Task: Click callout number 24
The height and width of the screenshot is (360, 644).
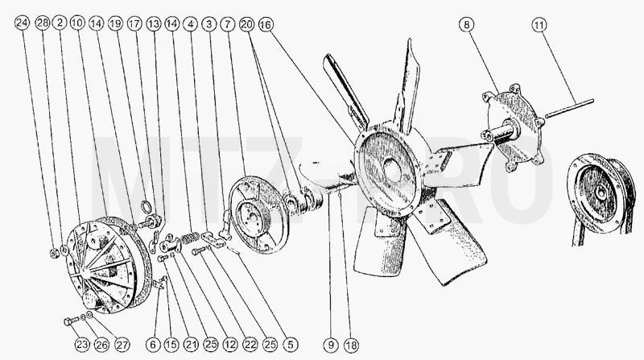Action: tap(23, 23)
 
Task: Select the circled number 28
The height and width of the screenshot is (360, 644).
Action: tap(43, 23)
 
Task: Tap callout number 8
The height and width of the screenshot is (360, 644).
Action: tap(466, 25)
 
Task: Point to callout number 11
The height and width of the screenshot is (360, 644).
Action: tap(539, 25)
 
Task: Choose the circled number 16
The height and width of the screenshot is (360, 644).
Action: tap(266, 25)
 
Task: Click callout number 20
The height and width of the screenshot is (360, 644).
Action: tap(247, 24)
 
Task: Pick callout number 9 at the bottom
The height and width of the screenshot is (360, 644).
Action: tap(331, 346)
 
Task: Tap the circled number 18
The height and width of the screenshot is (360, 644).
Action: tap(351, 346)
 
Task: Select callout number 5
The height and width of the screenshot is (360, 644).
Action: tap(291, 346)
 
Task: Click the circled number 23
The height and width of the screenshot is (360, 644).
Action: tap(82, 345)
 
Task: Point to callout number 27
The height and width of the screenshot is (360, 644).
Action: tap(122, 345)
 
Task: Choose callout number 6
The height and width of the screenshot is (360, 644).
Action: tap(153, 345)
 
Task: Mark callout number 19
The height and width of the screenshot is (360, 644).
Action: tap(116, 24)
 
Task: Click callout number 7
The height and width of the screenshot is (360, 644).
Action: tap(228, 24)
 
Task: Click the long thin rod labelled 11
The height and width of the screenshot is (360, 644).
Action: tap(569, 109)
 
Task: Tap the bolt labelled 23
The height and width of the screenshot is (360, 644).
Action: tap(72, 321)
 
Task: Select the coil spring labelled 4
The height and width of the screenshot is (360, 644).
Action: tap(191, 238)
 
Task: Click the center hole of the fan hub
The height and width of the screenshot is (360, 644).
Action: tap(392, 169)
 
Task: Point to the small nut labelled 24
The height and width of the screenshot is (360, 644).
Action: tap(55, 253)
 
